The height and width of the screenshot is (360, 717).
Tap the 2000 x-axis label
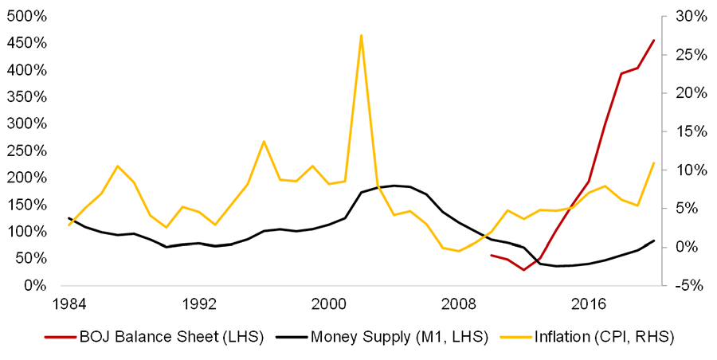point(330,303)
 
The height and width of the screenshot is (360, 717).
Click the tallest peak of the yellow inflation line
point(361,35)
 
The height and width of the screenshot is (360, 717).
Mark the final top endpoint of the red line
point(654,40)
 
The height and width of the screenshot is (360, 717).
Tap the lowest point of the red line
point(523,270)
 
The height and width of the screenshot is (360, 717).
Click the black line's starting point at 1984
point(69,217)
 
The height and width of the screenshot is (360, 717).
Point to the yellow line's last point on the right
point(654,162)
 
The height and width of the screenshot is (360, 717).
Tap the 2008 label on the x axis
point(459,303)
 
